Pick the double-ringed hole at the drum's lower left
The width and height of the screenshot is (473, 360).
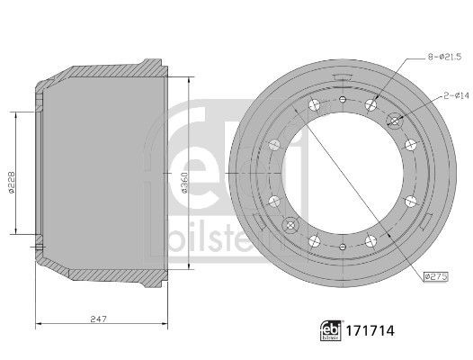click(290, 223)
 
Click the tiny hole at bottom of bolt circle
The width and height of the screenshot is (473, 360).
click(343, 245)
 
